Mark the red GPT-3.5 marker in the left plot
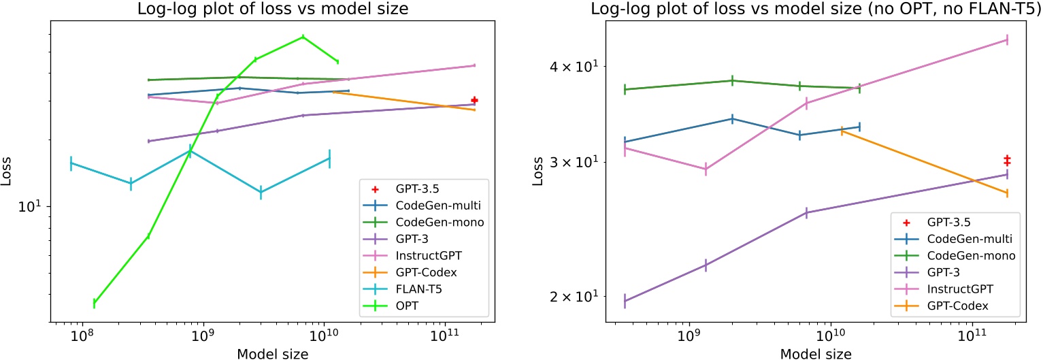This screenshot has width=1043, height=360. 474,100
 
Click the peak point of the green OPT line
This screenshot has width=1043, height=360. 303,37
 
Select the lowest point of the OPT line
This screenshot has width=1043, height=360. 94,303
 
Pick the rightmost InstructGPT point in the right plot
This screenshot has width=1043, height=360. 1007,39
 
